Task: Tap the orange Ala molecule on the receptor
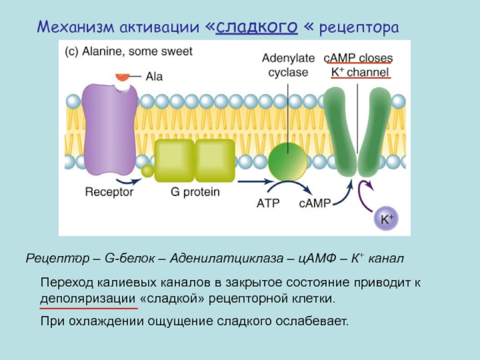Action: [x=122, y=77]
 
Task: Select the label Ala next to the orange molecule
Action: [x=153, y=77]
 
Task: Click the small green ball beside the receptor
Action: [x=148, y=172]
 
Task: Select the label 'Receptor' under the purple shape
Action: [x=109, y=193]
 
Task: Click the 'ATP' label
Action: [x=268, y=203]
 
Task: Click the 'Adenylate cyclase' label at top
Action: [x=285, y=65]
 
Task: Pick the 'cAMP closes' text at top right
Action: [x=358, y=58]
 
